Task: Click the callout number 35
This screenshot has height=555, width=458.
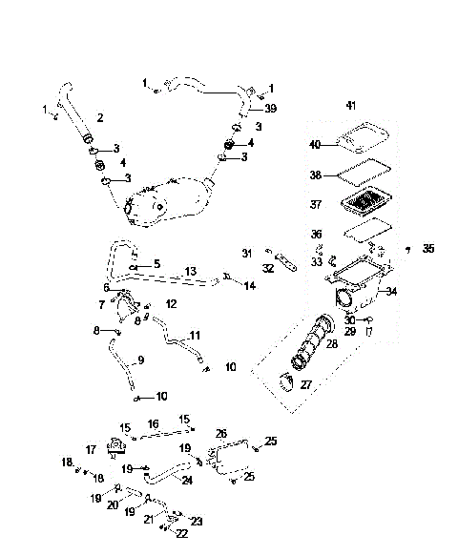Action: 427,248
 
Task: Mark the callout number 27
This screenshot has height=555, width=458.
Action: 307,385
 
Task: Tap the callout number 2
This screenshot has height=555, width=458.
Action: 100,117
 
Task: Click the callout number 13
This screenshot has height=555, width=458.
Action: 190,272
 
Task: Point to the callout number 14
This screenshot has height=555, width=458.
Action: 249,285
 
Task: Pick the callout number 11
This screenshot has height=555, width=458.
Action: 195,336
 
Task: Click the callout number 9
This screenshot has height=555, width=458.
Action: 140,360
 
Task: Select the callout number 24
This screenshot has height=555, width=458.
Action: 187,481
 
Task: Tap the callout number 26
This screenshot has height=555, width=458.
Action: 220,434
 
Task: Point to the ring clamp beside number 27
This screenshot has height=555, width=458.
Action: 283,384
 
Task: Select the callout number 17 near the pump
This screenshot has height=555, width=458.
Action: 92,449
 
